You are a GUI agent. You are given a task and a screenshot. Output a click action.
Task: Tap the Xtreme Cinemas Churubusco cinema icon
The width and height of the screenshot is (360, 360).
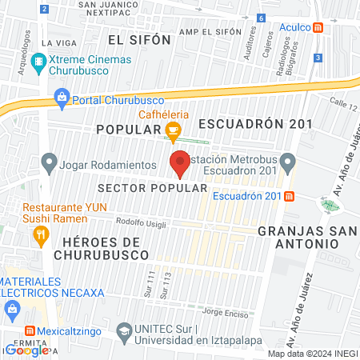click(x=38, y=61)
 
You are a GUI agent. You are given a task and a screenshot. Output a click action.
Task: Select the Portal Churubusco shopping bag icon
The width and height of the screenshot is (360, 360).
click(x=61, y=98)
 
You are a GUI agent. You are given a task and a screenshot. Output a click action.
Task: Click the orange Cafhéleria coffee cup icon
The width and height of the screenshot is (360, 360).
click(x=173, y=130)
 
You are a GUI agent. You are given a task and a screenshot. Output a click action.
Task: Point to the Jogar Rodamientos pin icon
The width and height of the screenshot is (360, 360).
click(x=49, y=165)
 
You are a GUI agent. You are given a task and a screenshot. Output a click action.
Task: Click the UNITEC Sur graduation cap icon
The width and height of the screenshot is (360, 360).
click(x=124, y=330)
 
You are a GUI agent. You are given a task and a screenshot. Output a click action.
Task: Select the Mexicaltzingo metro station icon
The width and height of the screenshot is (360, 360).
click(x=30, y=330)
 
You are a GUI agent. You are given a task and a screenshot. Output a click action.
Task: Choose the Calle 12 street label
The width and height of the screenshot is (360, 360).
click(x=342, y=102)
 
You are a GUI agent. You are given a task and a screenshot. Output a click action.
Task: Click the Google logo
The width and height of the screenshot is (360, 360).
click(x=26, y=350)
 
